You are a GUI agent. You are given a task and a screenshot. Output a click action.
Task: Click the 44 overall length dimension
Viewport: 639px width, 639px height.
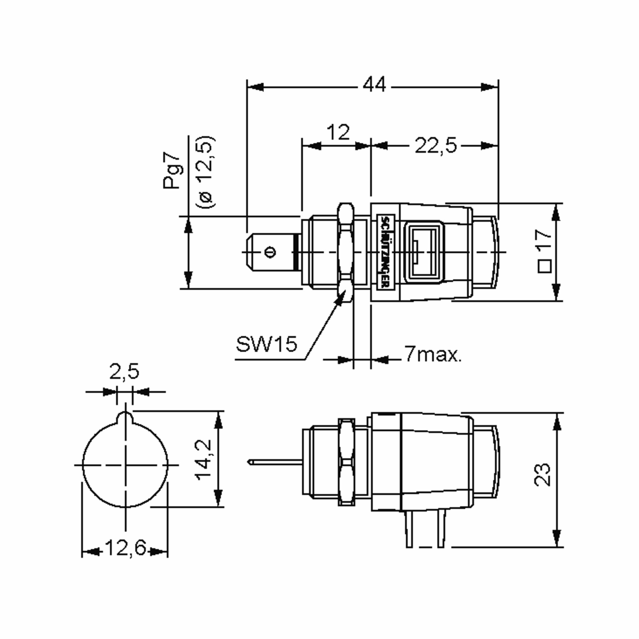point(374,85)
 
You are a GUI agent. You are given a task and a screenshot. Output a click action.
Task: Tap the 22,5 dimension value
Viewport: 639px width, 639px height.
point(436,146)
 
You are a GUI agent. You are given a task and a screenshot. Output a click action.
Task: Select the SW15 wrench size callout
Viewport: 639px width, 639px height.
point(267,344)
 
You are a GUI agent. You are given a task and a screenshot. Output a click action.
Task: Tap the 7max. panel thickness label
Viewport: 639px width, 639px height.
point(433,354)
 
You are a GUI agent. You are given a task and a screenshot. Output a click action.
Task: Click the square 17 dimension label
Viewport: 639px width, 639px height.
point(544,251)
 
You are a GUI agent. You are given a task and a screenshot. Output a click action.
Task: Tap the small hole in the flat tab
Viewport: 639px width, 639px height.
point(270,252)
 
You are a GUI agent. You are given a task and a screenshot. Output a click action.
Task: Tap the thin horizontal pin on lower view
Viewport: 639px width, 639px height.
point(275,462)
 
